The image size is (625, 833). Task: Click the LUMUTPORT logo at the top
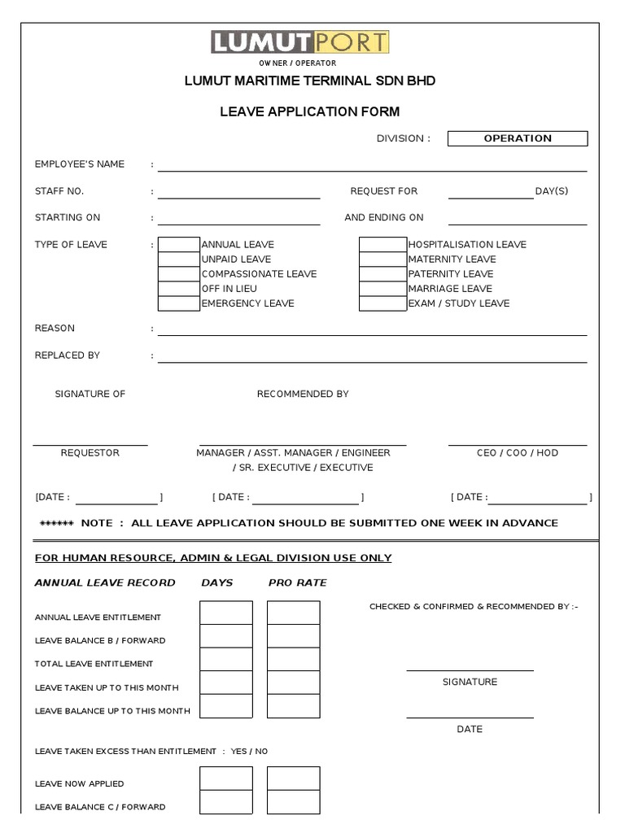point(300,42)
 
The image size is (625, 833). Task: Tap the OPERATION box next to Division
point(518,138)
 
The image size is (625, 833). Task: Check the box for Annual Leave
point(179,245)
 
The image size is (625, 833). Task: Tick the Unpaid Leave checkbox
point(179,259)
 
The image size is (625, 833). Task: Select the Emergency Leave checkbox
point(179,303)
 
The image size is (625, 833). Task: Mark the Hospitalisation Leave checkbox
point(382,245)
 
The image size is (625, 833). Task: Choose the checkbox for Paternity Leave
point(382,274)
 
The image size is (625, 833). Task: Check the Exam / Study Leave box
point(382,303)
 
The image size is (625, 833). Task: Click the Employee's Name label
point(80,164)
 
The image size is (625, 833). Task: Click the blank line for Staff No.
point(238,192)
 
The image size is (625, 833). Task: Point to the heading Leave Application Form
point(310,111)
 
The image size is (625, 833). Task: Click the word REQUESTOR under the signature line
point(90,453)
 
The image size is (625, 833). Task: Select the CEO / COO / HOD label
point(518,453)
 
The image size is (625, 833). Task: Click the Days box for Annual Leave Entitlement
point(226,613)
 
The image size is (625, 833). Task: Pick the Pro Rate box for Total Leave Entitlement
point(293,660)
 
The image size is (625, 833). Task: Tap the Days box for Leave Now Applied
point(226,778)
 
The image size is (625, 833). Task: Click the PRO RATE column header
point(298,582)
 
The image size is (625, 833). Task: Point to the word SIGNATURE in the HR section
point(470,682)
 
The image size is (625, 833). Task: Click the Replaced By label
point(68,355)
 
